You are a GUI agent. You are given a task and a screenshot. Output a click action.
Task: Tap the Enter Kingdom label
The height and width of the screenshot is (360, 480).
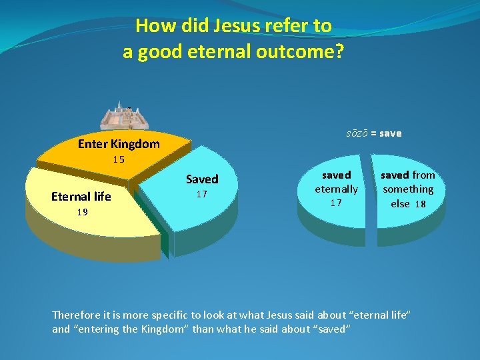pos(119,144)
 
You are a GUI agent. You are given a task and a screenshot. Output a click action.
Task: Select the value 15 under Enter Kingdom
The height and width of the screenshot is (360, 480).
pos(119,160)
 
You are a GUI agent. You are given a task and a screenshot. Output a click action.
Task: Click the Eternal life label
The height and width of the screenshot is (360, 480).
pos(81,197)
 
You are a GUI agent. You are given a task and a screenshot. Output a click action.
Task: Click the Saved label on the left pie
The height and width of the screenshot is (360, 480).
pos(202,179)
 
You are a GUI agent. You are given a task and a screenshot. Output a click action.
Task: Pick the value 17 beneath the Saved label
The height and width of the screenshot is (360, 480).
pos(202,195)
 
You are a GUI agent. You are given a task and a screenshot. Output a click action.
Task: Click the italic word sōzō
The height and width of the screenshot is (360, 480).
pos(357,133)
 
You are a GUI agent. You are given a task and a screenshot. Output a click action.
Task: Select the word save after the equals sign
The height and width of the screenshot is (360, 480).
pos(391,133)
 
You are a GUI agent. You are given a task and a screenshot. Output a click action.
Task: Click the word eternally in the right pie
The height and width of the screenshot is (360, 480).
pos(336,189)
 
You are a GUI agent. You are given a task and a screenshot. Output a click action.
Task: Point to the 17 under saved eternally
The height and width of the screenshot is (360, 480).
pos(336,203)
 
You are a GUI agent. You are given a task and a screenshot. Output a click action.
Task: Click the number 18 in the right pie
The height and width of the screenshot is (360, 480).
pos(420,204)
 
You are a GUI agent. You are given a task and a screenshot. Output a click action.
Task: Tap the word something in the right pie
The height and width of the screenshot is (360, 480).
pos(408,189)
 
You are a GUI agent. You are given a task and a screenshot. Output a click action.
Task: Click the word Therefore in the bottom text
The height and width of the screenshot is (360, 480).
pos(78,315)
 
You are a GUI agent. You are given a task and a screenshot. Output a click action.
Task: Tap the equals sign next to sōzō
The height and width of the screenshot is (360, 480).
pos(373,133)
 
